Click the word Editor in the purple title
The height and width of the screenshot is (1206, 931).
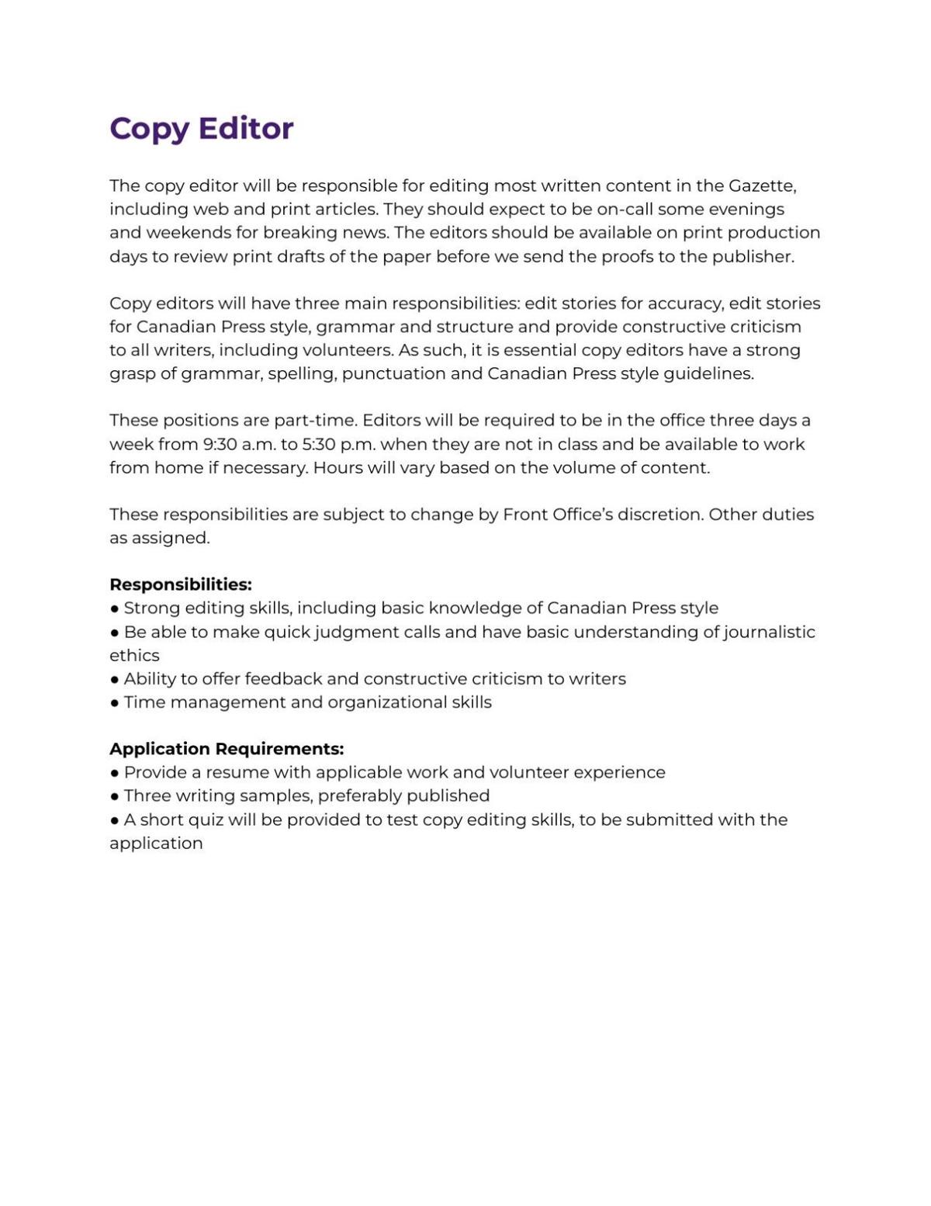click(x=246, y=128)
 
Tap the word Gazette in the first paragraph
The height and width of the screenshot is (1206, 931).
click(x=762, y=186)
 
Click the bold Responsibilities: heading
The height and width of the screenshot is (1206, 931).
click(x=180, y=584)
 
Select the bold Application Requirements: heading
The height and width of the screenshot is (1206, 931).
click(x=226, y=749)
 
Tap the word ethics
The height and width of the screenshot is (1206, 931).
click(x=134, y=656)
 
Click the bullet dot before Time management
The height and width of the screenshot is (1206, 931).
click(x=115, y=703)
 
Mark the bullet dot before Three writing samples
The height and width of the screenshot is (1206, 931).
click(x=115, y=796)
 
